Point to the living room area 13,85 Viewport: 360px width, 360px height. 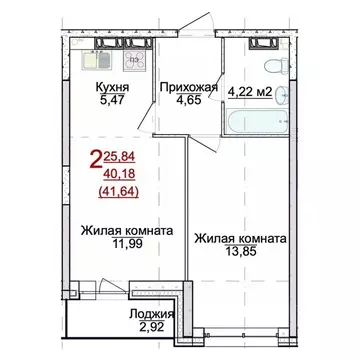pos(241,255)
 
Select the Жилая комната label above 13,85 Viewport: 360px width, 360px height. pos(241,240)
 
